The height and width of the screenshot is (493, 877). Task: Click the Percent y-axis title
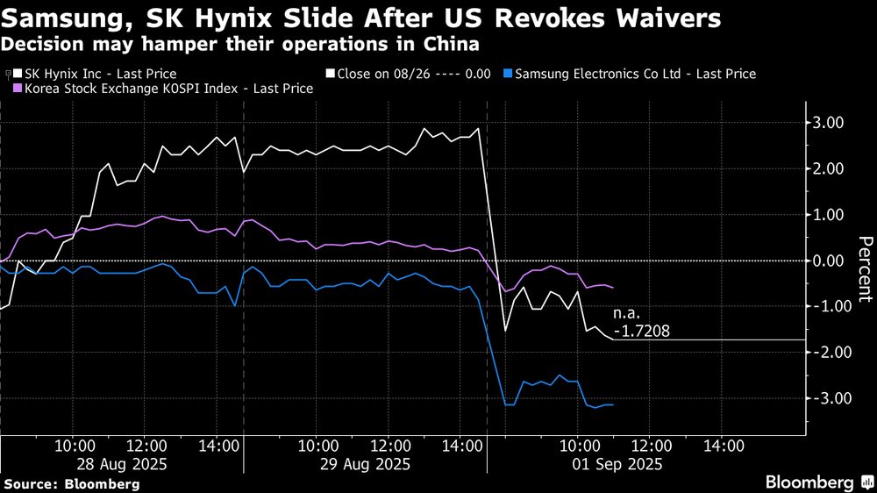coord(865,268)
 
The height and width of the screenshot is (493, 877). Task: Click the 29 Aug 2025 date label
coord(362,463)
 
